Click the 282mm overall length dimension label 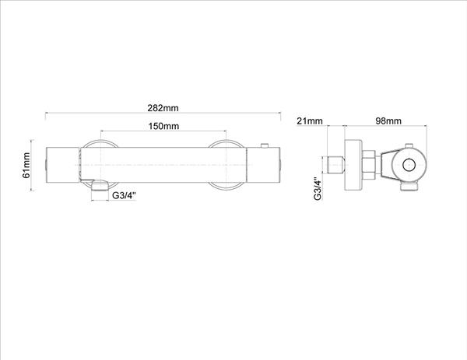163,108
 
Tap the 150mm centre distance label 163,126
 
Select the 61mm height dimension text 26,165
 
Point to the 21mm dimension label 310,121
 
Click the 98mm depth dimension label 388,121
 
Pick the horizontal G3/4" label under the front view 124,195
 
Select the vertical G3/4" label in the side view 318,189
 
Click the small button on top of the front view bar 265,145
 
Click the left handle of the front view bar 62,165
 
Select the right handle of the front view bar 263,165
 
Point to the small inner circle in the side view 409,165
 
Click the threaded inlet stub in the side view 336,165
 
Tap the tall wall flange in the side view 354,165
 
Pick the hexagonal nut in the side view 370,165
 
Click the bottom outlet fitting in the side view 409,187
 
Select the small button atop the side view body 409,145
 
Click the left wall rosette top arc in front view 100,143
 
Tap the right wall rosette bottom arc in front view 226,187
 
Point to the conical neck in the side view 385,165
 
